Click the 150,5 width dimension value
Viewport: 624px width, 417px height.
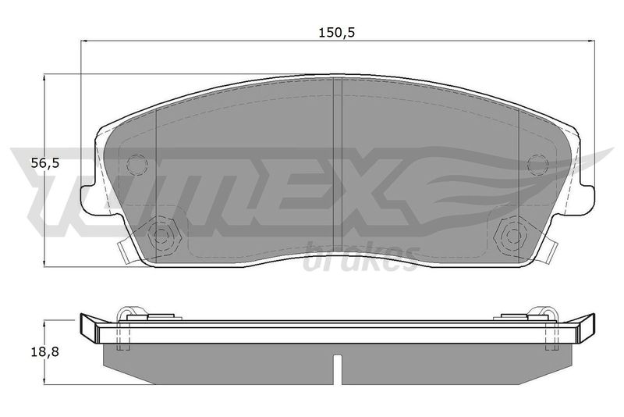click(x=336, y=32)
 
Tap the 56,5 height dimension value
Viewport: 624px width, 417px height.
click(x=45, y=162)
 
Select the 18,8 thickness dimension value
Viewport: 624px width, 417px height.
click(x=45, y=351)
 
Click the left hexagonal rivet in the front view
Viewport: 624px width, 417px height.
click(x=161, y=236)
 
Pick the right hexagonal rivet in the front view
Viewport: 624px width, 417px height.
click(x=513, y=236)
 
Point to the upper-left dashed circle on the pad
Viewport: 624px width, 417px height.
click(x=137, y=164)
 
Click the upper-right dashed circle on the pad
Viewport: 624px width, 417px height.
click(x=537, y=164)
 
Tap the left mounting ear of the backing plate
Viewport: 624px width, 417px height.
click(x=89, y=198)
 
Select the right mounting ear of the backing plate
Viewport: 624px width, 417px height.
click(x=587, y=198)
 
